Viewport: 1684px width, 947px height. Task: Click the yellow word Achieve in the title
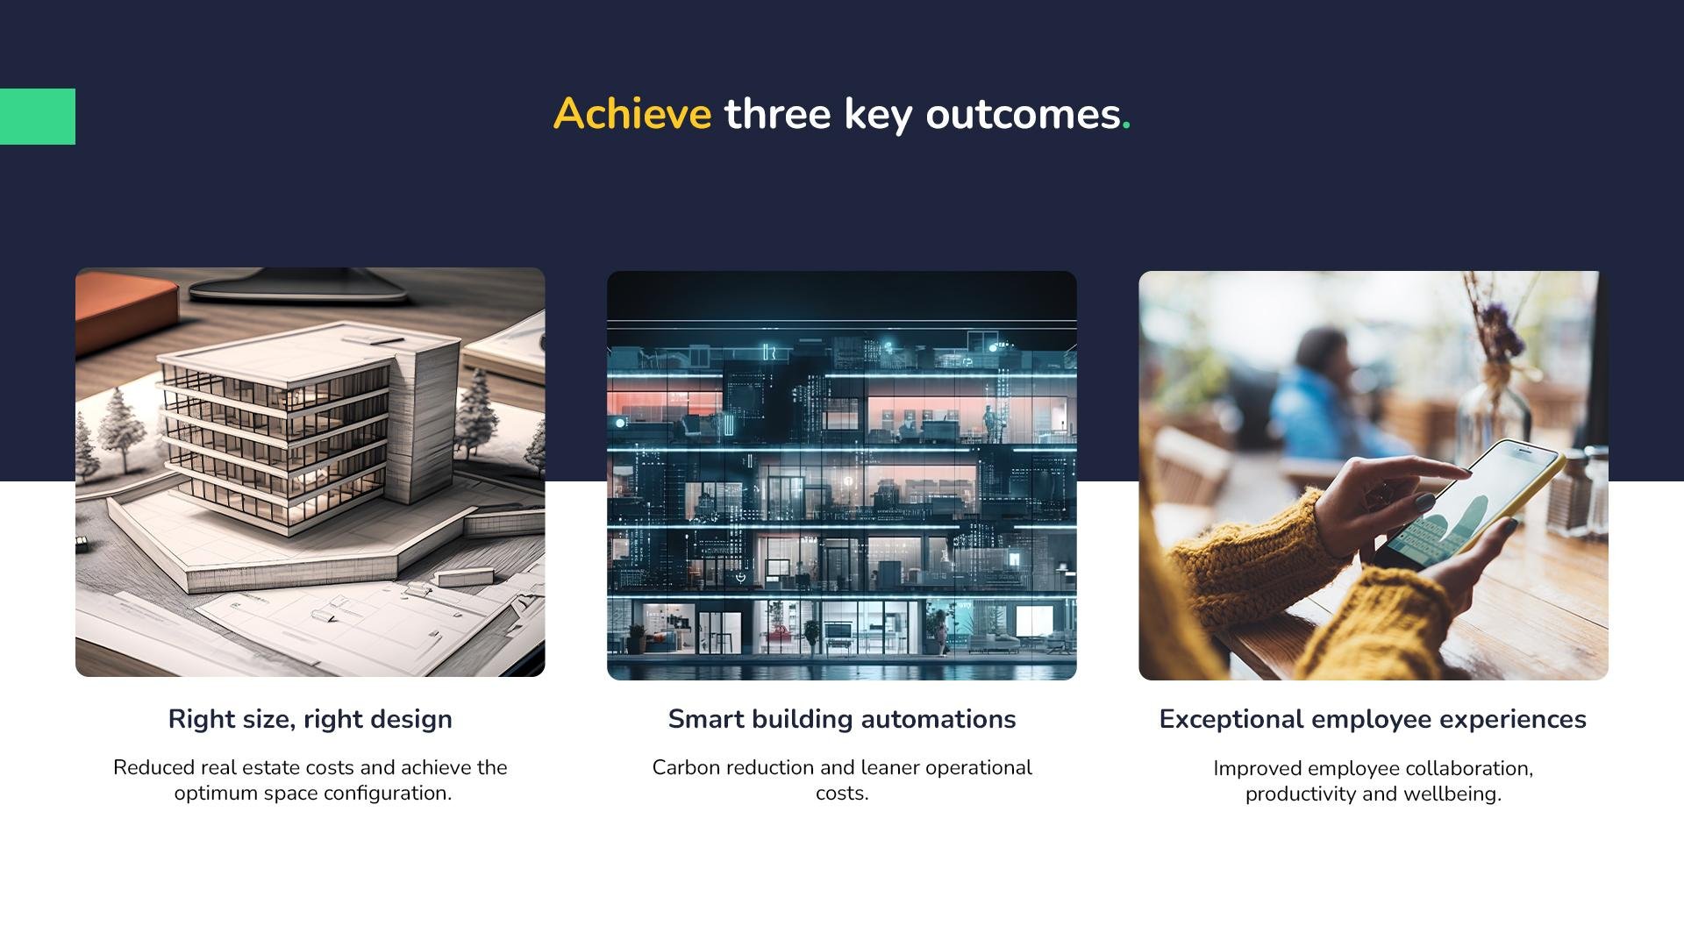pyautogui.click(x=632, y=114)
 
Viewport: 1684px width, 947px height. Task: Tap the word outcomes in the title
pyautogui.click(x=1023, y=115)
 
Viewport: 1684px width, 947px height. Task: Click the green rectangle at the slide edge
pyautogui.click(x=38, y=117)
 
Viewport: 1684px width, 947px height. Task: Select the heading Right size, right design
pyautogui.click(x=310, y=719)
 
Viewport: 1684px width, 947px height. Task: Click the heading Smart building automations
pyautogui.click(x=842, y=719)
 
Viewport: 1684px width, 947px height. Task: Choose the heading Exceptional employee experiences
pyautogui.click(x=1373, y=719)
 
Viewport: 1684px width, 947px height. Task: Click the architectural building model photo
pyautogui.click(x=310, y=472)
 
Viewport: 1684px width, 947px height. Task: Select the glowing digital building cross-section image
pyautogui.click(x=842, y=475)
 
